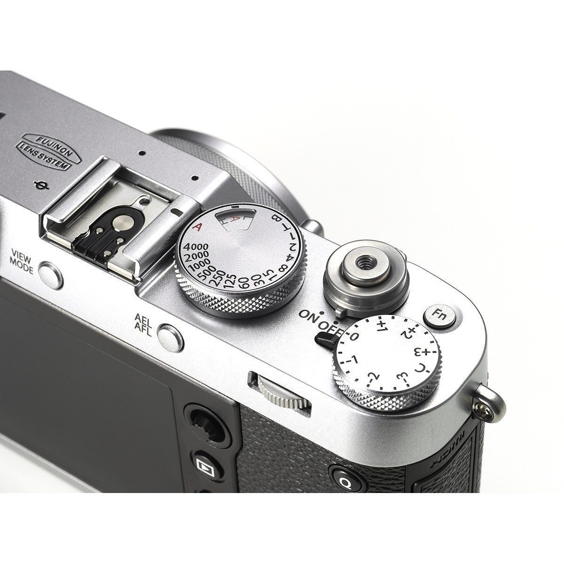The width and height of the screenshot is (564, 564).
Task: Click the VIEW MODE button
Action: click(50, 275)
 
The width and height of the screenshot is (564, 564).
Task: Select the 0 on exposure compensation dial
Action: click(355, 335)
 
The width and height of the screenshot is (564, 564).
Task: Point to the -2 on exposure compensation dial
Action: click(373, 376)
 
